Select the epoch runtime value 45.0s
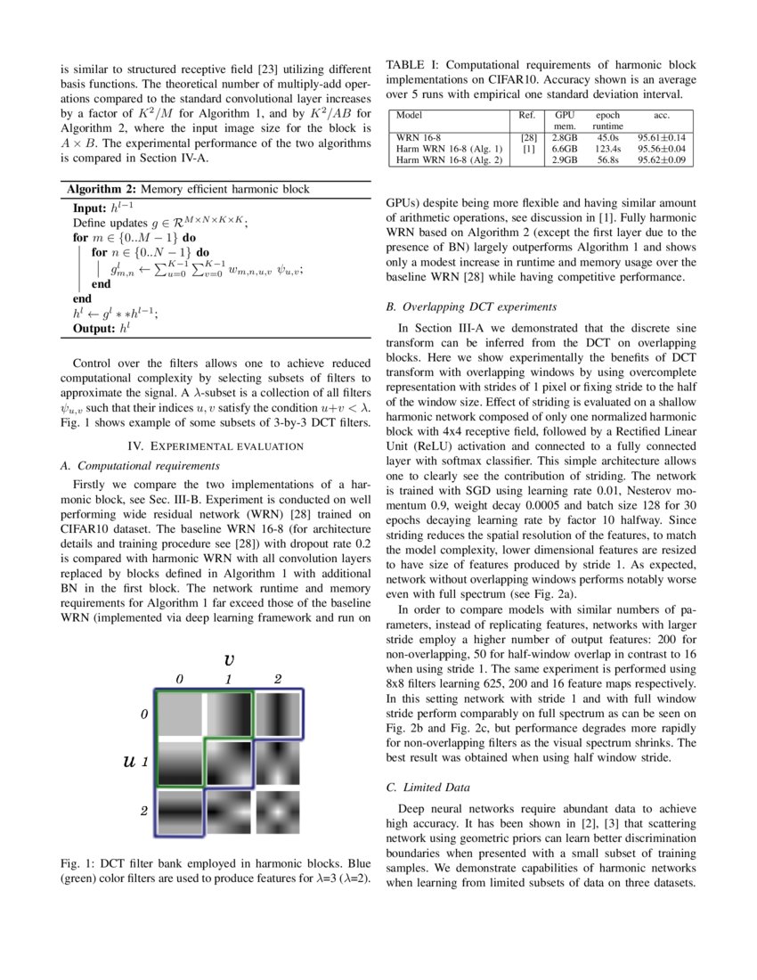pos(607,138)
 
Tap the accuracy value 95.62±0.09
pos(662,159)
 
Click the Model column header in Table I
pos(409,116)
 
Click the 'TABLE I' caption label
pos(411,65)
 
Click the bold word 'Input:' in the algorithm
pos(90,207)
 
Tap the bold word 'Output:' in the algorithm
pos(94,329)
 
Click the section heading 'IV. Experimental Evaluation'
pos(215,445)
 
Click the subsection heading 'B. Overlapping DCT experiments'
pos(471,306)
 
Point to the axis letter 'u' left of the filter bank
pos(128,762)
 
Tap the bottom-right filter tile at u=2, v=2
pos(278,811)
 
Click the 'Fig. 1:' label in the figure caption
pos(77,863)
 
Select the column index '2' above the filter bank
pos(278,679)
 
